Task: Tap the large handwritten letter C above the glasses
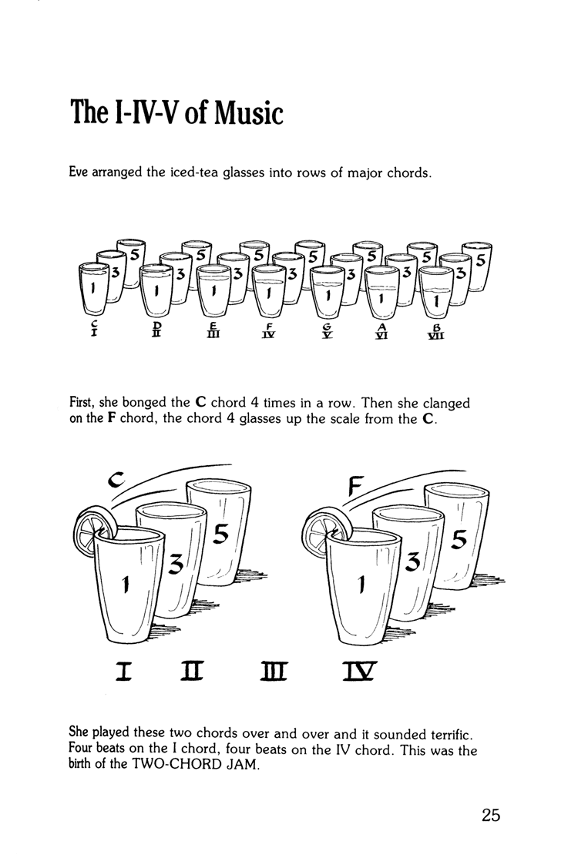(116, 481)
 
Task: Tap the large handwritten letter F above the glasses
(355, 484)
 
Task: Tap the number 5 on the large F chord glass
(459, 541)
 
